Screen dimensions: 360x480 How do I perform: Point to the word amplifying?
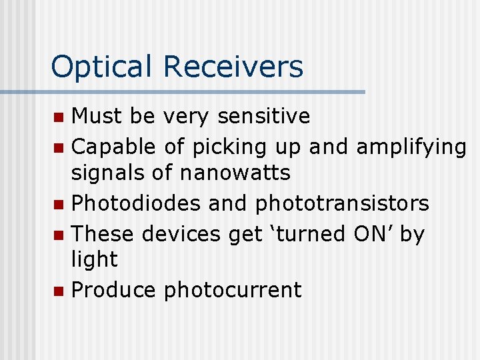click(411, 147)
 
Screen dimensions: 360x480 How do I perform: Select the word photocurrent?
click(233, 291)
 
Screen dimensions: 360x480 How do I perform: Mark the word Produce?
click(113, 290)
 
